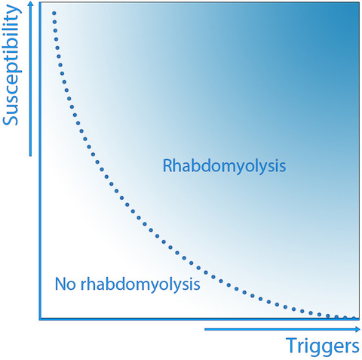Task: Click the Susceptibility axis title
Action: pos(12,65)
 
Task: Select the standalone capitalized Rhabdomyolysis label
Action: pos(224,167)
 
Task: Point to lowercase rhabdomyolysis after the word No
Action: pos(140,285)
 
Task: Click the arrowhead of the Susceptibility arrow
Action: pos(31,4)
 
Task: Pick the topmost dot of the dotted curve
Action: pos(54,14)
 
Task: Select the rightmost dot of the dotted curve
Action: pos(354,318)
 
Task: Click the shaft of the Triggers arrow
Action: pos(280,329)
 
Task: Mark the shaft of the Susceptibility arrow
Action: pos(31,81)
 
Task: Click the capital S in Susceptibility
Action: pos(11,118)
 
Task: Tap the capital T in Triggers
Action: pos(292,346)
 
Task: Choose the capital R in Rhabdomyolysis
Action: pos(167,166)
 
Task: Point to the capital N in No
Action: pos(60,284)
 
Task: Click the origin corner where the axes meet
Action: pos(40,319)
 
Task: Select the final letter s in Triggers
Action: pos(355,348)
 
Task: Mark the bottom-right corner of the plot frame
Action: pos(359,319)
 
